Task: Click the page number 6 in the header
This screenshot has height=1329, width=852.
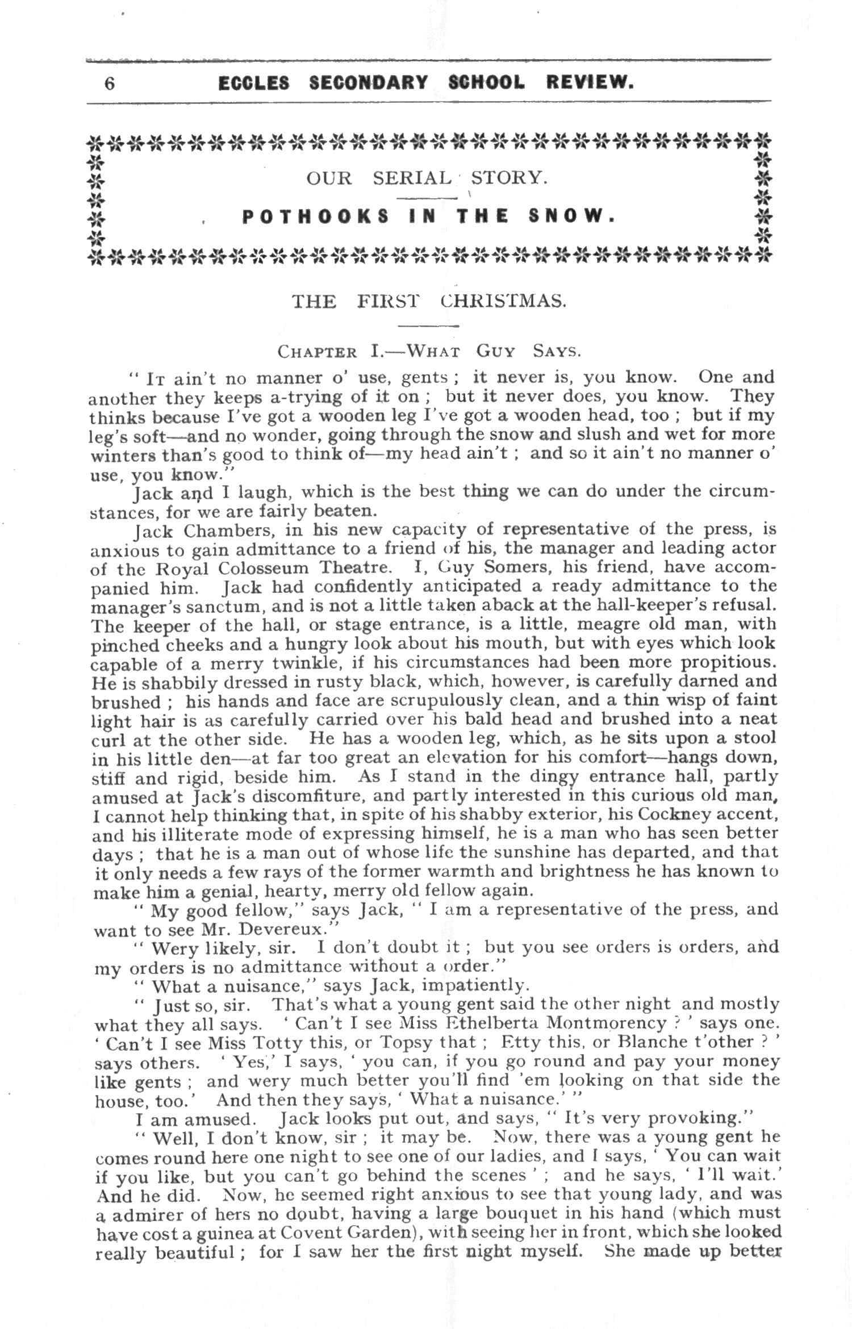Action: pyautogui.click(x=109, y=83)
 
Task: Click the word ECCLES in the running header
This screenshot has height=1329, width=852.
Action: pyautogui.click(x=253, y=83)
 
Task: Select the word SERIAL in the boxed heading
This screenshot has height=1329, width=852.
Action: pyautogui.click(x=412, y=178)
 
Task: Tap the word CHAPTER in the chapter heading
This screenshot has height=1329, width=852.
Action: pyautogui.click(x=317, y=352)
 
